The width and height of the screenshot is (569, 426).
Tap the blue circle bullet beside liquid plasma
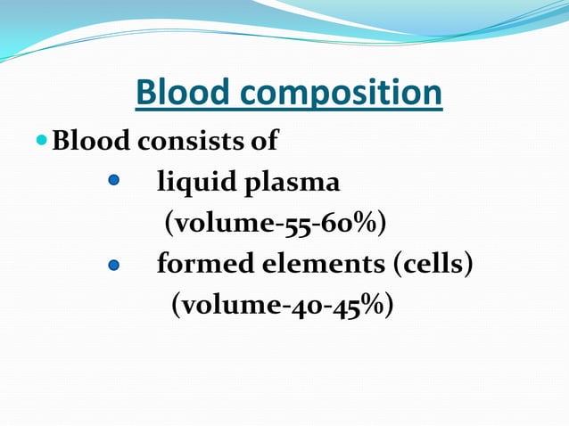(113, 181)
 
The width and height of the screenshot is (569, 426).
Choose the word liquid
(194, 183)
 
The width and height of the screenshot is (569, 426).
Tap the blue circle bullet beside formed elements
(113, 266)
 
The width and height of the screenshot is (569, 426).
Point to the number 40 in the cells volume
(301, 306)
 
